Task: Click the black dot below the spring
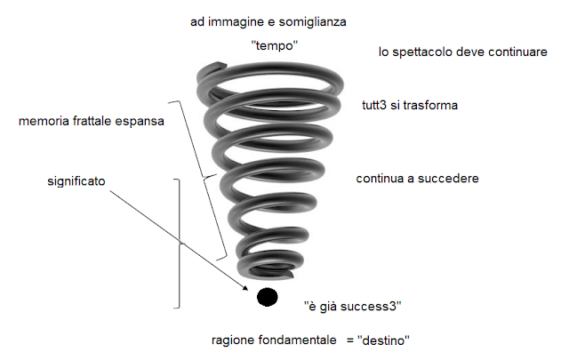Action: click(x=267, y=297)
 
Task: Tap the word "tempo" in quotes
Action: click(x=273, y=44)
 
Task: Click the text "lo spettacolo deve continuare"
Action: click(x=462, y=53)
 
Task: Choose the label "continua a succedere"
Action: click(x=418, y=179)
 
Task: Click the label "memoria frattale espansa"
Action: click(x=91, y=121)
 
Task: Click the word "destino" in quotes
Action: click(x=383, y=340)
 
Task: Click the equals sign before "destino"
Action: click(x=341, y=340)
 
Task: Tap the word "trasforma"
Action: click(x=430, y=106)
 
